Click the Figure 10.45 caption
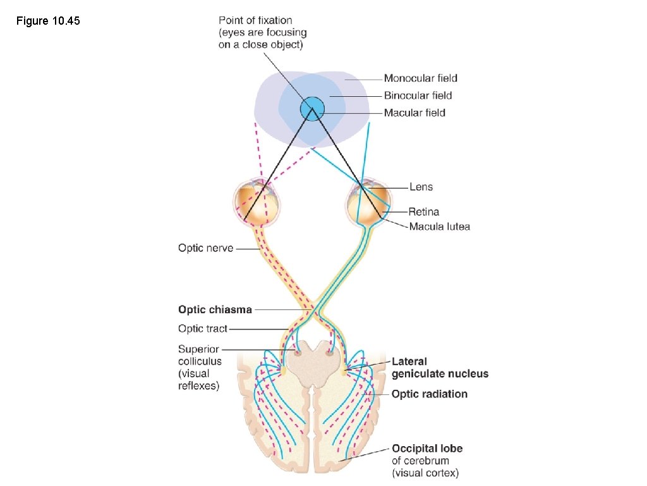(48, 22)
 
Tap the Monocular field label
(420, 78)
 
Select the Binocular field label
(418, 96)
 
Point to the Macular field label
(414, 113)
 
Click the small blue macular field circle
(311, 109)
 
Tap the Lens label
(421, 187)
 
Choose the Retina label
(423, 211)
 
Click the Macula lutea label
(439, 226)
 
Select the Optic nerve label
(205, 248)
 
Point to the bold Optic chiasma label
(215, 309)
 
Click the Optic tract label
(202, 328)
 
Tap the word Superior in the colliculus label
(198, 349)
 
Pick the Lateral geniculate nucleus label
(440, 368)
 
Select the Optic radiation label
(430, 394)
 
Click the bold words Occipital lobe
(427, 448)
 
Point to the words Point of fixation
(255, 20)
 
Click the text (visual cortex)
(425, 473)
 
